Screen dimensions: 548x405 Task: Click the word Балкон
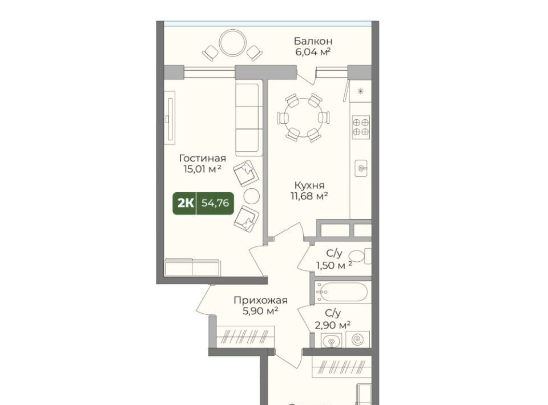click(x=313, y=41)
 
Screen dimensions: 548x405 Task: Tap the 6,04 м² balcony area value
click(x=313, y=52)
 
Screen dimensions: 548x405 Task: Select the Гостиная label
click(x=203, y=158)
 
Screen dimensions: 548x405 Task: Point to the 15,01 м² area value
click(x=203, y=169)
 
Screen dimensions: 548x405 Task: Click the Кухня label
click(x=309, y=185)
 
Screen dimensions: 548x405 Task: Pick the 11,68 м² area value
click(x=309, y=196)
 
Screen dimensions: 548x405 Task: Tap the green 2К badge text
click(x=186, y=203)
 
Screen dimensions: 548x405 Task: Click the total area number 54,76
click(x=215, y=203)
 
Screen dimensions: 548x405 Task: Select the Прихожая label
click(x=261, y=300)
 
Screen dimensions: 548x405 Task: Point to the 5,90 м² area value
click(x=261, y=311)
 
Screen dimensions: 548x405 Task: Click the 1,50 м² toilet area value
click(x=334, y=266)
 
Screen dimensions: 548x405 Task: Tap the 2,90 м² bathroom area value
click(x=333, y=325)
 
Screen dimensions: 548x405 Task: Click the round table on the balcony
click(x=233, y=43)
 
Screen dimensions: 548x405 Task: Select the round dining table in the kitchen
click(x=303, y=118)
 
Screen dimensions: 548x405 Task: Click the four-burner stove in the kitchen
click(x=361, y=127)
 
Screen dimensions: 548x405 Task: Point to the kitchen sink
click(x=361, y=168)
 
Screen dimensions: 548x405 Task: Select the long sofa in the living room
click(x=248, y=118)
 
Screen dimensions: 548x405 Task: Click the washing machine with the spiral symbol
click(x=358, y=339)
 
